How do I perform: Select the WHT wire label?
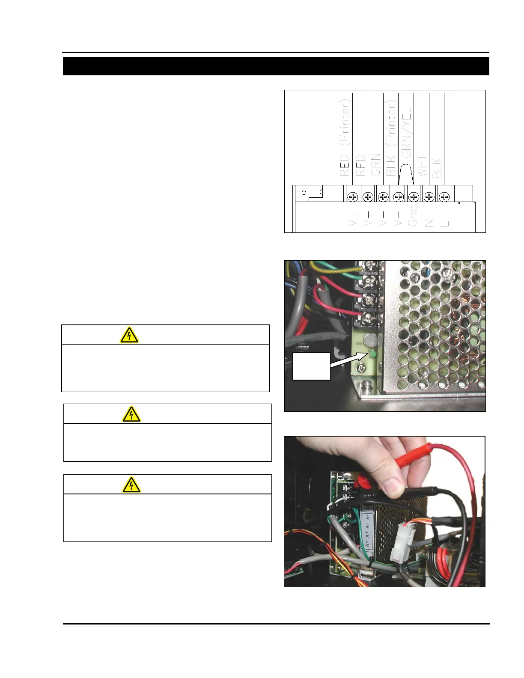click(422, 166)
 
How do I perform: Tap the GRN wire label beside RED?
click(376, 165)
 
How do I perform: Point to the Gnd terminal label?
click(412, 216)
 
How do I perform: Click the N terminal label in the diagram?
click(428, 223)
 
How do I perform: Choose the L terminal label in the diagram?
click(444, 223)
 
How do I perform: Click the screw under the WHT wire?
click(429, 196)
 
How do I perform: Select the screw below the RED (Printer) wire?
click(352, 196)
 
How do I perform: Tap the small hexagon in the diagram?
click(304, 193)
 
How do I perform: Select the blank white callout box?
click(311, 366)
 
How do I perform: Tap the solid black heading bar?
click(276, 66)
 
